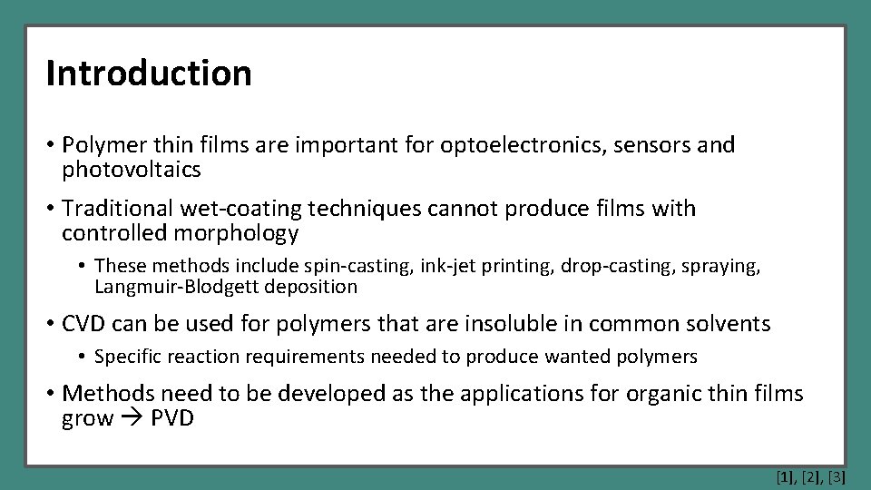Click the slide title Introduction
point(149,73)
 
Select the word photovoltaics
point(131,170)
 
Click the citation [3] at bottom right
point(837,475)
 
